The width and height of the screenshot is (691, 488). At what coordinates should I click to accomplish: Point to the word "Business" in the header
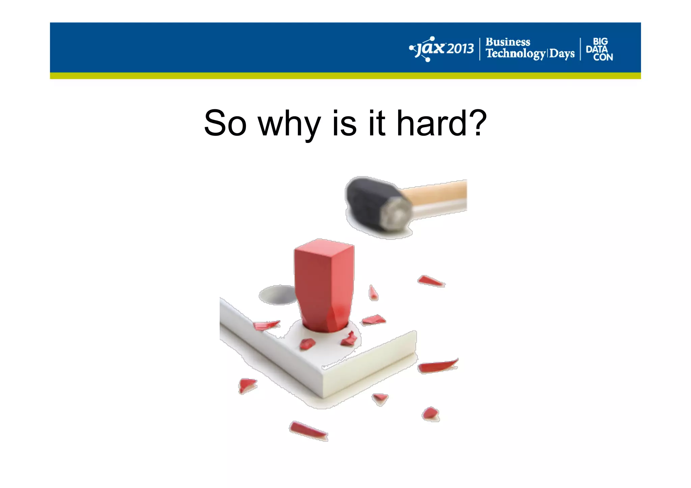pyautogui.click(x=507, y=42)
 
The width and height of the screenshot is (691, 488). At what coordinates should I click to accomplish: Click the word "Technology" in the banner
pyautogui.click(x=515, y=54)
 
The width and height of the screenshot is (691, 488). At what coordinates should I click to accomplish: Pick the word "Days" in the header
pyautogui.click(x=562, y=54)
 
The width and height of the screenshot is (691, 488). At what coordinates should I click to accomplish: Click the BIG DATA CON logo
pyautogui.click(x=599, y=49)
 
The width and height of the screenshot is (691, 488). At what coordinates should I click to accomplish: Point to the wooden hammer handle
pyautogui.click(x=439, y=196)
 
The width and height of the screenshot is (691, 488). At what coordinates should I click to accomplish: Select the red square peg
pyautogui.click(x=324, y=283)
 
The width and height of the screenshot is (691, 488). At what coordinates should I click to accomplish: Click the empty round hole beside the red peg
pyautogui.click(x=277, y=294)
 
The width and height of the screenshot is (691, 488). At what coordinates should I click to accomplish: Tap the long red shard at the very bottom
pyautogui.click(x=308, y=431)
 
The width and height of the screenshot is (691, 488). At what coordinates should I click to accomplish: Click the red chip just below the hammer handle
pyautogui.click(x=431, y=281)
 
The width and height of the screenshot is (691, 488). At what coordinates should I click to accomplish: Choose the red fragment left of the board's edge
pyautogui.click(x=247, y=385)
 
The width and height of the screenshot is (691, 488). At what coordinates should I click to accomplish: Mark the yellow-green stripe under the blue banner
pyautogui.click(x=345, y=76)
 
